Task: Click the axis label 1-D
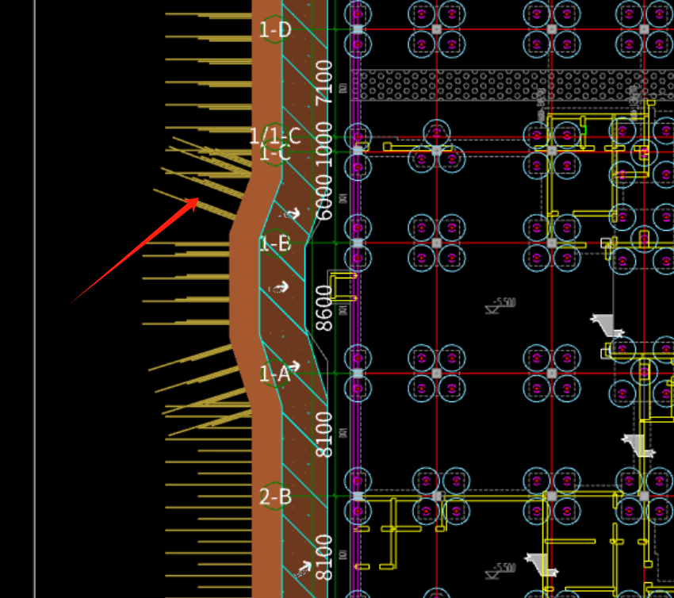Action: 275,30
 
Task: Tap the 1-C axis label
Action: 275,153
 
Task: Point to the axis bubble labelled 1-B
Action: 275,243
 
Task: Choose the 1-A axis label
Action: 274,374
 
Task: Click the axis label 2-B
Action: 275,497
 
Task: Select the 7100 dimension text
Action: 324,82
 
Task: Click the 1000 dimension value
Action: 324,142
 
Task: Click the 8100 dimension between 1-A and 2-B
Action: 324,433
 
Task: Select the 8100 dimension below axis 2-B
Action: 324,557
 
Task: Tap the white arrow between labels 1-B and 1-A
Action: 279,288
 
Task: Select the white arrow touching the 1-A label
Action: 294,366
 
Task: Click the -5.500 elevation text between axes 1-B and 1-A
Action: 503,303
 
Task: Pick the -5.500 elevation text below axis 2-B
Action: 504,568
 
